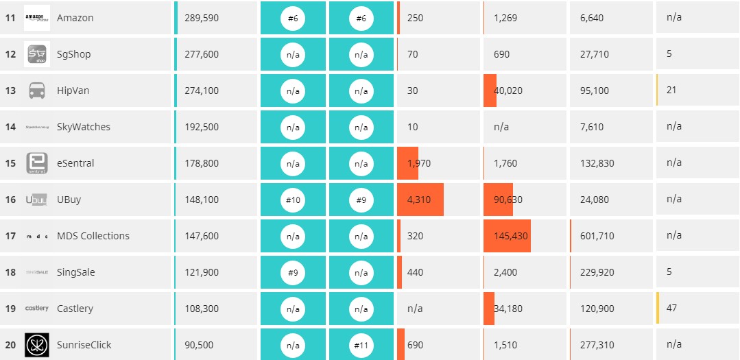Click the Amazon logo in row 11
[37, 18]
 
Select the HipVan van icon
[37, 91]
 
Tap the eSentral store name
[75, 163]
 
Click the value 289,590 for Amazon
[202, 18]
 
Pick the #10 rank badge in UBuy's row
[293, 200]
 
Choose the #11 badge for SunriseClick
[361, 345]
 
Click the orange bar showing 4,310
[420, 200]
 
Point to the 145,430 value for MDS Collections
[511, 236]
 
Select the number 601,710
[597, 236]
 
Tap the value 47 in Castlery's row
[671, 308]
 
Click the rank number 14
[10, 127]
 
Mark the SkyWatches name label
[83, 127]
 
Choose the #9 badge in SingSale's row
[293, 272]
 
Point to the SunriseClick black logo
[37, 345]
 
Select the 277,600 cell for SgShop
[202, 54]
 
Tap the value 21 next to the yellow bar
[671, 90]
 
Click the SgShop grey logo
[37, 54]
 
